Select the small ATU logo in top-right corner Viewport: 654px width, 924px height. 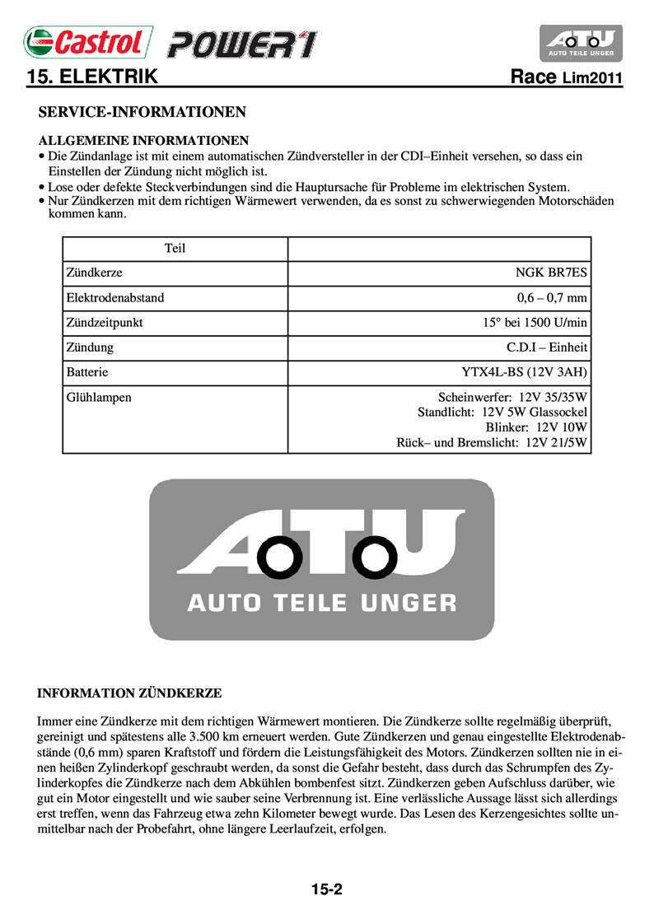pyautogui.click(x=581, y=43)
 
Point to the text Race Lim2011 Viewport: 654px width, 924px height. pyautogui.click(x=566, y=78)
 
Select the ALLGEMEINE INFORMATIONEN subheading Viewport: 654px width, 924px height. pyautogui.click(x=144, y=140)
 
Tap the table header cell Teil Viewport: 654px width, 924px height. pyautogui.click(x=175, y=248)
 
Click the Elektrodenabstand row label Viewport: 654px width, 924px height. pyautogui.click(x=120, y=297)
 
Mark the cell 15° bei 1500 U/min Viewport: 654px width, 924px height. pyautogui.click(x=535, y=323)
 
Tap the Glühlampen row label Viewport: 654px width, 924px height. pyautogui.click(x=98, y=397)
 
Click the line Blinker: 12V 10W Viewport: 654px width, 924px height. pyautogui.click(x=536, y=427)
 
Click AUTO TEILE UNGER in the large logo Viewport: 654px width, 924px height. pyautogui.click(x=321, y=602)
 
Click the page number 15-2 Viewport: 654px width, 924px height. pyautogui.click(x=327, y=889)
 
